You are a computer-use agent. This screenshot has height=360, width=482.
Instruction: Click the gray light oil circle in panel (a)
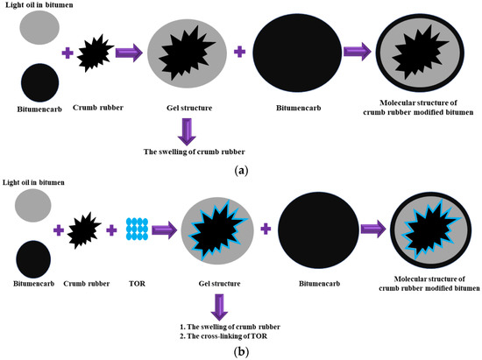coord(38,29)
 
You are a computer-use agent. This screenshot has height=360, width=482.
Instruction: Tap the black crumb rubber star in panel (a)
coord(96,54)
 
